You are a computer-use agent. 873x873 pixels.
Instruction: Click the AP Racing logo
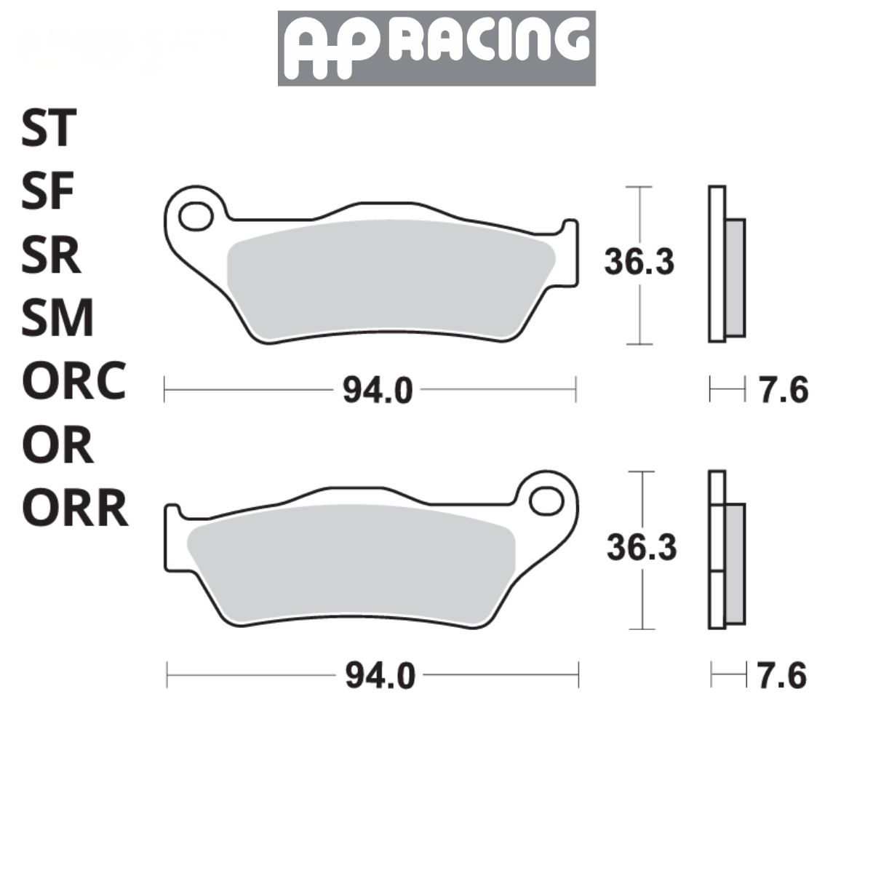click(x=436, y=48)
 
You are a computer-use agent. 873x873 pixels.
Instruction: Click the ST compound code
click(x=48, y=128)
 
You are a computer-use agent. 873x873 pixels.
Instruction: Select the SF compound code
click(x=48, y=192)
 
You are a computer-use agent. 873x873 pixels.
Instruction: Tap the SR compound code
click(x=50, y=255)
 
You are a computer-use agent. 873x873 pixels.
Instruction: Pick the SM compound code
click(x=57, y=319)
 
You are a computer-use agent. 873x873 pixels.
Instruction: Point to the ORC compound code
click(x=73, y=381)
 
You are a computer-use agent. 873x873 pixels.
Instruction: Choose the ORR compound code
click(x=74, y=509)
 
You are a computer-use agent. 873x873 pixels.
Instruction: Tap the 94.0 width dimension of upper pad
click(x=378, y=391)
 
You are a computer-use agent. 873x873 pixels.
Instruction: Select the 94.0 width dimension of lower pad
click(x=380, y=677)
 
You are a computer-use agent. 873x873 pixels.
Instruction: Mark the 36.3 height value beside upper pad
click(x=639, y=262)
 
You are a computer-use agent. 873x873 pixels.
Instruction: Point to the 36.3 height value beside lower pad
click(x=642, y=547)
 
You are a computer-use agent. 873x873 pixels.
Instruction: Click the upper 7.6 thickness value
click(x=784, y=391)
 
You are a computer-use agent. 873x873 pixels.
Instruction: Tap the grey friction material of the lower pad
click(x=349, y=564)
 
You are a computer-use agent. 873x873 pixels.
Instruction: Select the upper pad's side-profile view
click(x=726, y=264)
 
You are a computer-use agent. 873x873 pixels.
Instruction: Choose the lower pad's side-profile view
click(x=726, y=551)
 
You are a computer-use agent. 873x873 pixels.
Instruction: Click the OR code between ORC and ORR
click(x=57, y=445)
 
